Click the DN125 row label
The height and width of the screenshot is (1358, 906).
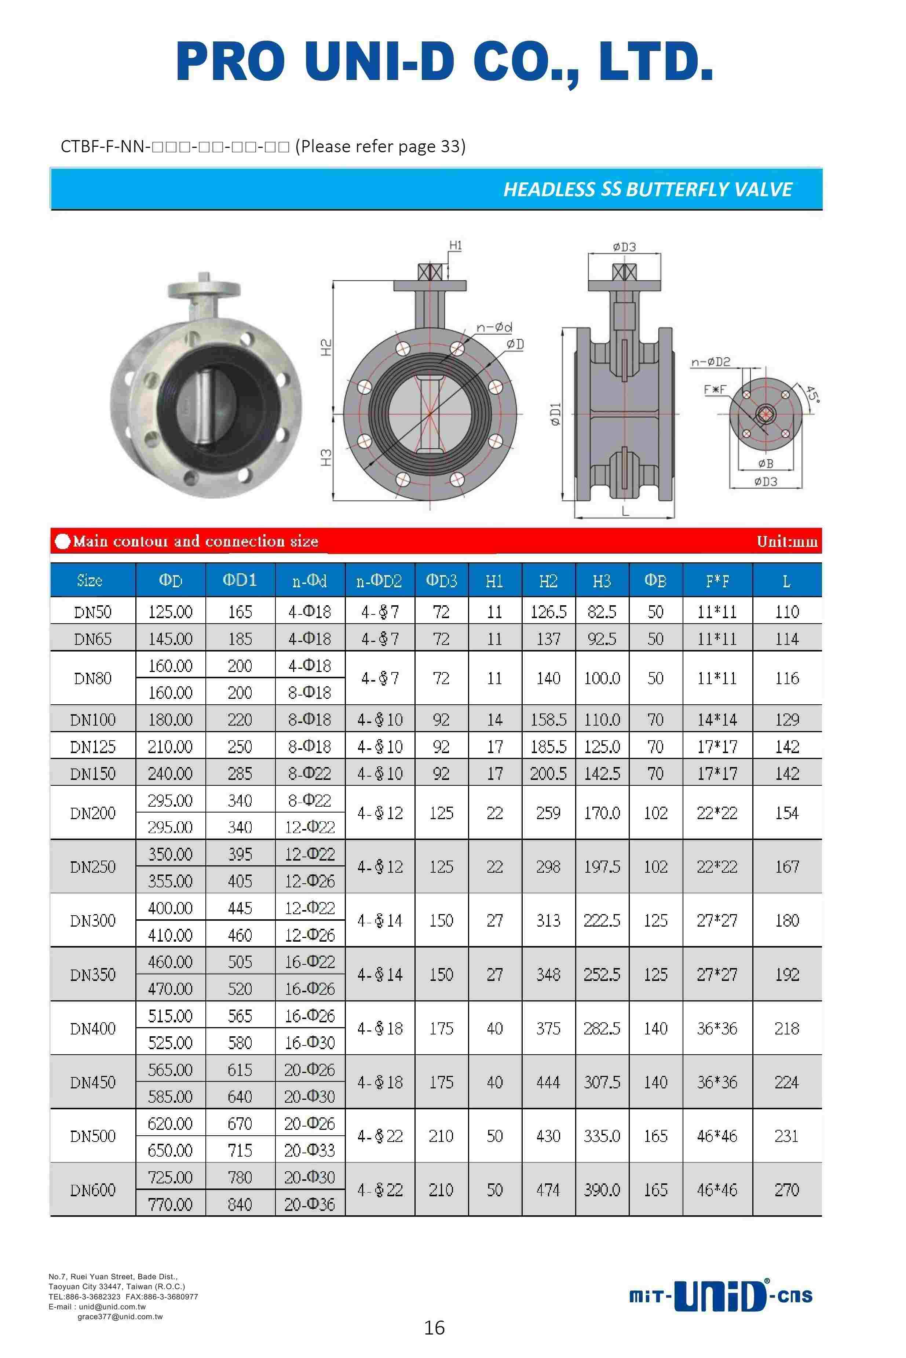(92, 746)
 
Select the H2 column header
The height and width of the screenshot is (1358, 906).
(548, 581)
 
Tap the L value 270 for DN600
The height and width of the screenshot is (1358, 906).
(786, 1190)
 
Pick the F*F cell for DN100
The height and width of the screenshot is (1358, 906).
(717, 719)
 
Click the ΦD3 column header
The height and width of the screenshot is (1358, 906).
(441, 581)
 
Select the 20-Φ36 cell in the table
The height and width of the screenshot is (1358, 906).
(310, 1204)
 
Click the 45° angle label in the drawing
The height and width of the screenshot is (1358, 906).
(812, 395)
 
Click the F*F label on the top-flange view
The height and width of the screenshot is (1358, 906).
(714, 390)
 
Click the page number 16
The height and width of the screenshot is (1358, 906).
(435, 1328)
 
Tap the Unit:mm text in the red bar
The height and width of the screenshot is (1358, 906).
(787, 541)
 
